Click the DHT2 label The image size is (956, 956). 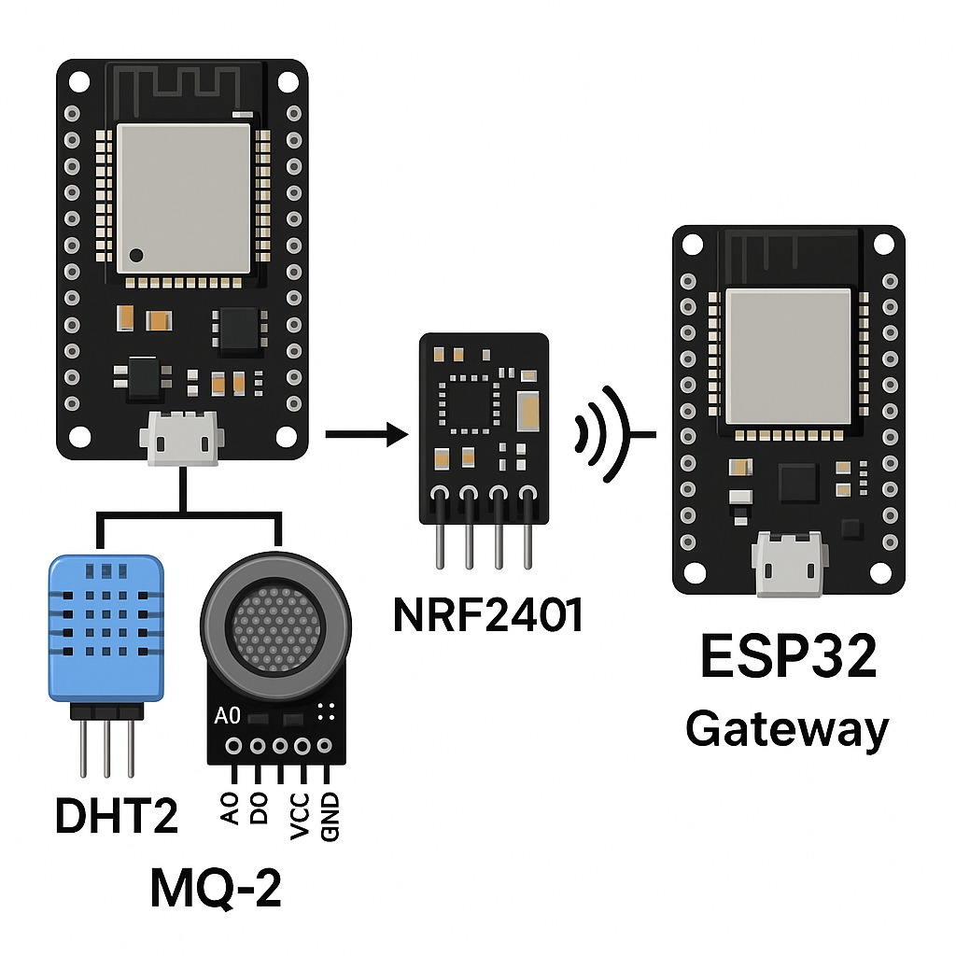pos(117,815)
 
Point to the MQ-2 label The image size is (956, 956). pos(216,890)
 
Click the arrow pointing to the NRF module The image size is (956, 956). pos(367,434)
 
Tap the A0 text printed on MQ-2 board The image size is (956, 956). pos(227,716)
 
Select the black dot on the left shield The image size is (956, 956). pos(137,254)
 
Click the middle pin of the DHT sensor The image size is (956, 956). pos(106,747)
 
